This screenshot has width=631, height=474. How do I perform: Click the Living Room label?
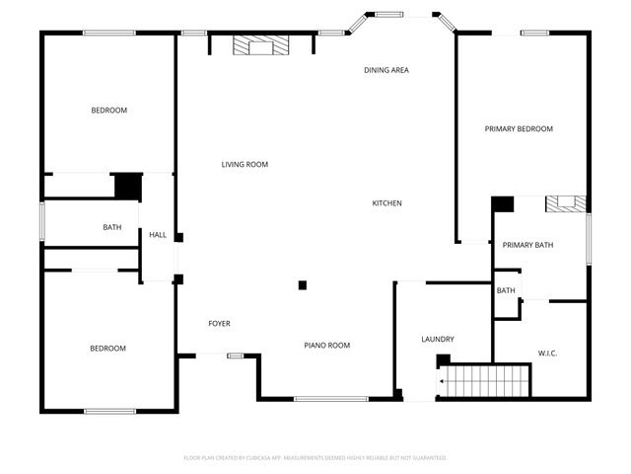coord(245,165)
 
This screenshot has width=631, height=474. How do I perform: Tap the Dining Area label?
coord(386,70)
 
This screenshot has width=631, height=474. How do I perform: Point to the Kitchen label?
coord(386,203)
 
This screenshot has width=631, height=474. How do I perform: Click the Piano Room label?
coord(326,346)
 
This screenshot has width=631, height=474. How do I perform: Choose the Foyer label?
coord(219,324)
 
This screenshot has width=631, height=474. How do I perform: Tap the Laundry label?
coord(437,340)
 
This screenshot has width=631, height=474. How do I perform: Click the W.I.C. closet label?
coord(548,353)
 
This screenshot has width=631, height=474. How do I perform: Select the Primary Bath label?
coord(527,245)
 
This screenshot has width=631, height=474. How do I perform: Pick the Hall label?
coord(158,235)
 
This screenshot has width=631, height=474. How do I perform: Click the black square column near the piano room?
coord(303,285)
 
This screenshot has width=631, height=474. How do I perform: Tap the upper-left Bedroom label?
coord(108,111)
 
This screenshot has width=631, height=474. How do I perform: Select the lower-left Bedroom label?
coord(107,349)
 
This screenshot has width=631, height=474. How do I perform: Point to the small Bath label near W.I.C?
coord(506,290)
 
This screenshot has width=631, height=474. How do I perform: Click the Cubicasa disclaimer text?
coord(315,458)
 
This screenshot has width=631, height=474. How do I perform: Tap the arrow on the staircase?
coord(444,379)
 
